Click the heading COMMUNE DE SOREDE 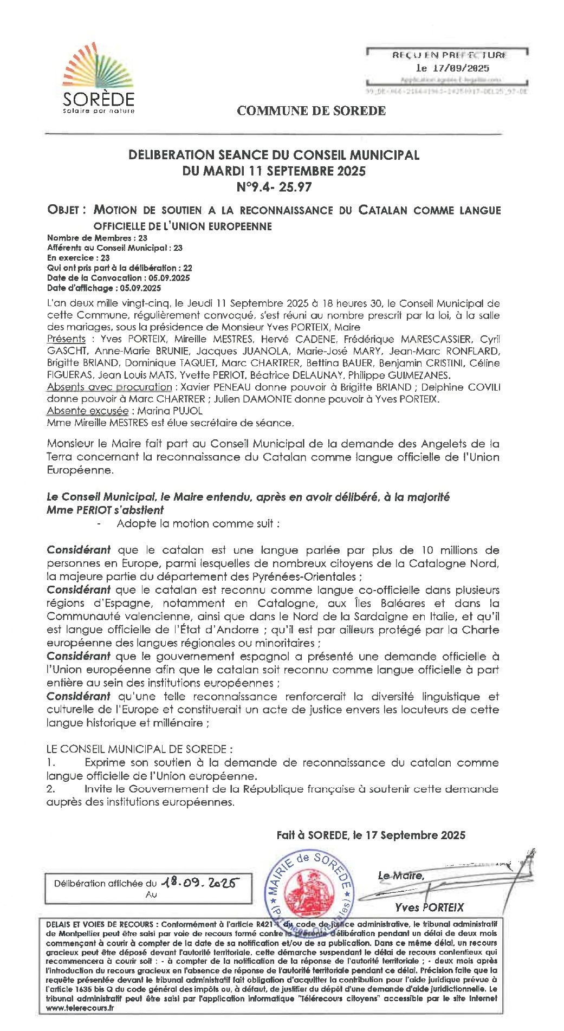click(x=311, y=111)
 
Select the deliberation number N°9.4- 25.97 click(x=274, y=187)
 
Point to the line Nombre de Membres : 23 click(x=97, y=238)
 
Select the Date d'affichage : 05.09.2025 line click(x=103, y=288)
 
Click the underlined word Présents click(x=66, y=339)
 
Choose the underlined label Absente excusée click(x=88, y=411)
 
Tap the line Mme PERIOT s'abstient click(x=105, y=510)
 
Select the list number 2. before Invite click(x=50, y=789)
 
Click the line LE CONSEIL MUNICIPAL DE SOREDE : click(x=139, y=749)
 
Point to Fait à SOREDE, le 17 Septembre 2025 click(x=371, y=835)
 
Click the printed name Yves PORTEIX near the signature click(x=429, y=907)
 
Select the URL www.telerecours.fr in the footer click(x=80, y=1008)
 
